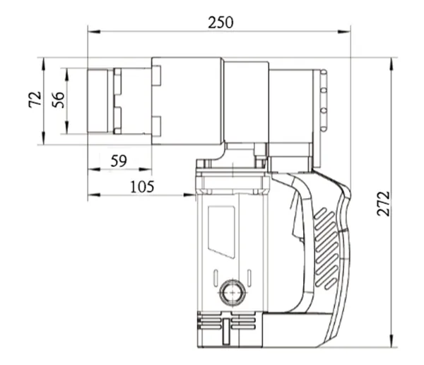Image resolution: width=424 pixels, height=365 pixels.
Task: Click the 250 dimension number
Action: (x=220, y=22)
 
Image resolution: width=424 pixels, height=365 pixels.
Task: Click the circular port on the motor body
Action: (x=230, y=289)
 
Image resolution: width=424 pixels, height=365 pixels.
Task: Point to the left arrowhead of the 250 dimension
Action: (x=91, y=30)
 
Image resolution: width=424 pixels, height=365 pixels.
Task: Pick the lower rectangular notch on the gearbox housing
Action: (x=156, y=125)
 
